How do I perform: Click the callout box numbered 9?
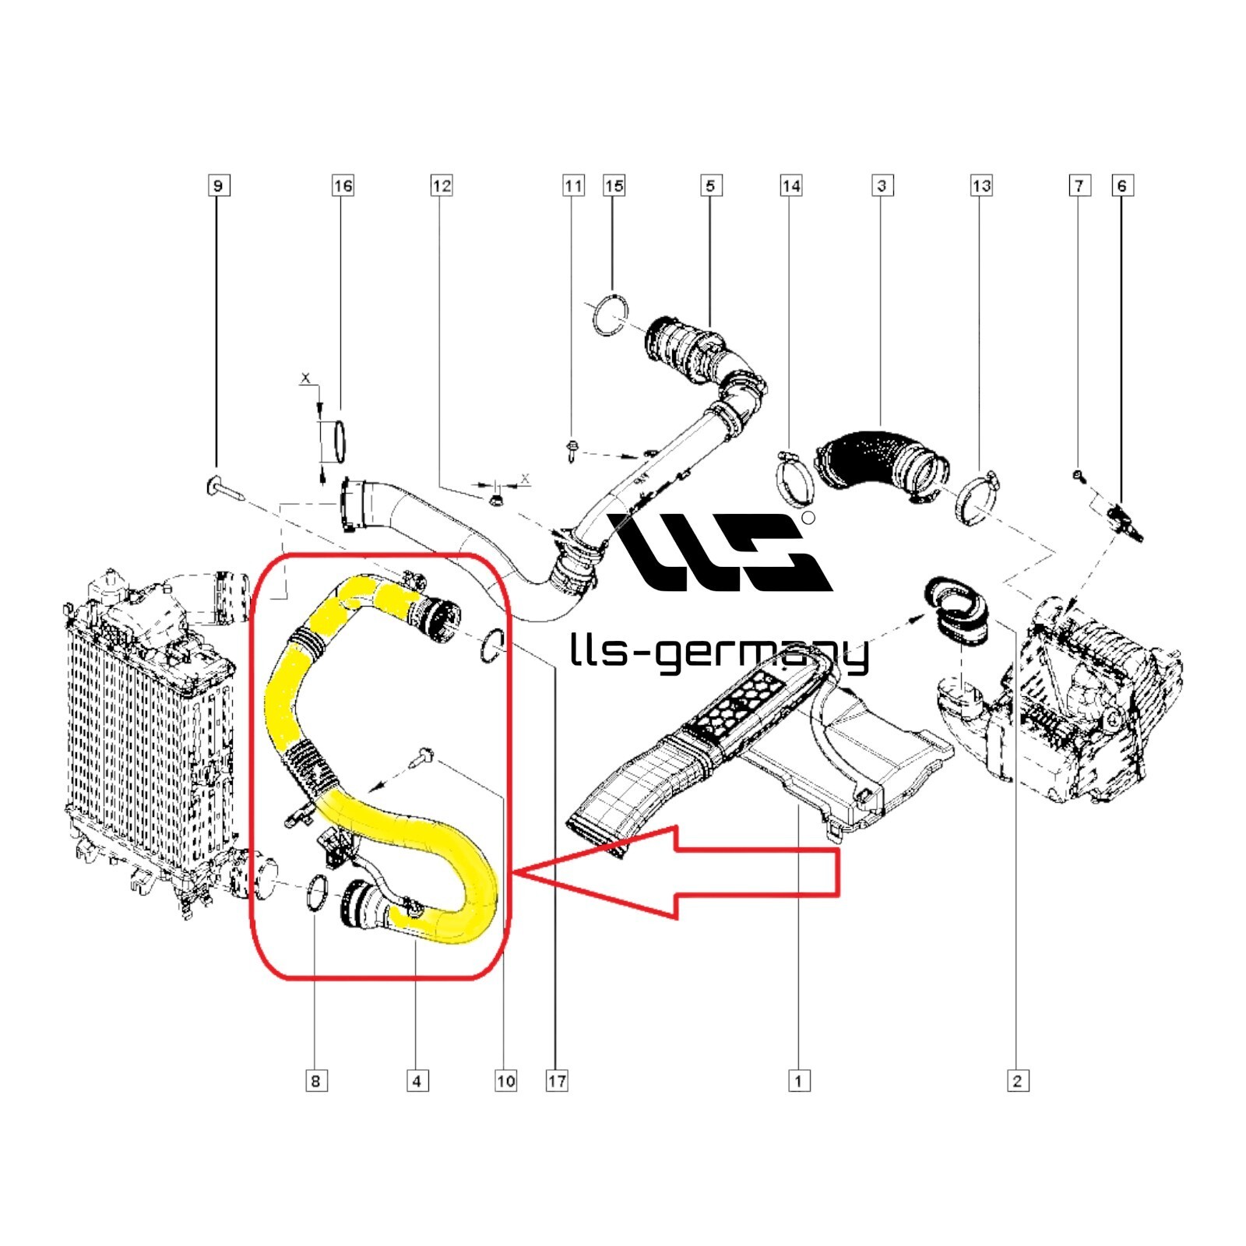point(218,185)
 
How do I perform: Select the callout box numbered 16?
point(343,185)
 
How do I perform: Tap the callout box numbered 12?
point(442,185)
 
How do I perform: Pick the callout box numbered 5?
point(710,185)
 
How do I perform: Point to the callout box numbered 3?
point(882,185)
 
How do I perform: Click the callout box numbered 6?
point(1121,185)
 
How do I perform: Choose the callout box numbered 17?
point(557,1081)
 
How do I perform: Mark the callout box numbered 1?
point(798,1081)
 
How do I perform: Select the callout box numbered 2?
point(1017,1081)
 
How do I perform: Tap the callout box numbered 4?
point(417,1081)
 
